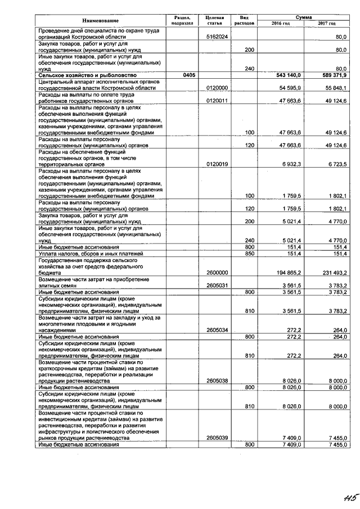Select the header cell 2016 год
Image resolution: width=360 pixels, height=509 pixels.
[280, 23]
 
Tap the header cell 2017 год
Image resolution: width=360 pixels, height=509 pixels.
[327, 23]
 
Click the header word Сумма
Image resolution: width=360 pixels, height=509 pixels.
[304, 17]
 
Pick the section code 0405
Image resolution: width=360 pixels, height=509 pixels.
[181, 75]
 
